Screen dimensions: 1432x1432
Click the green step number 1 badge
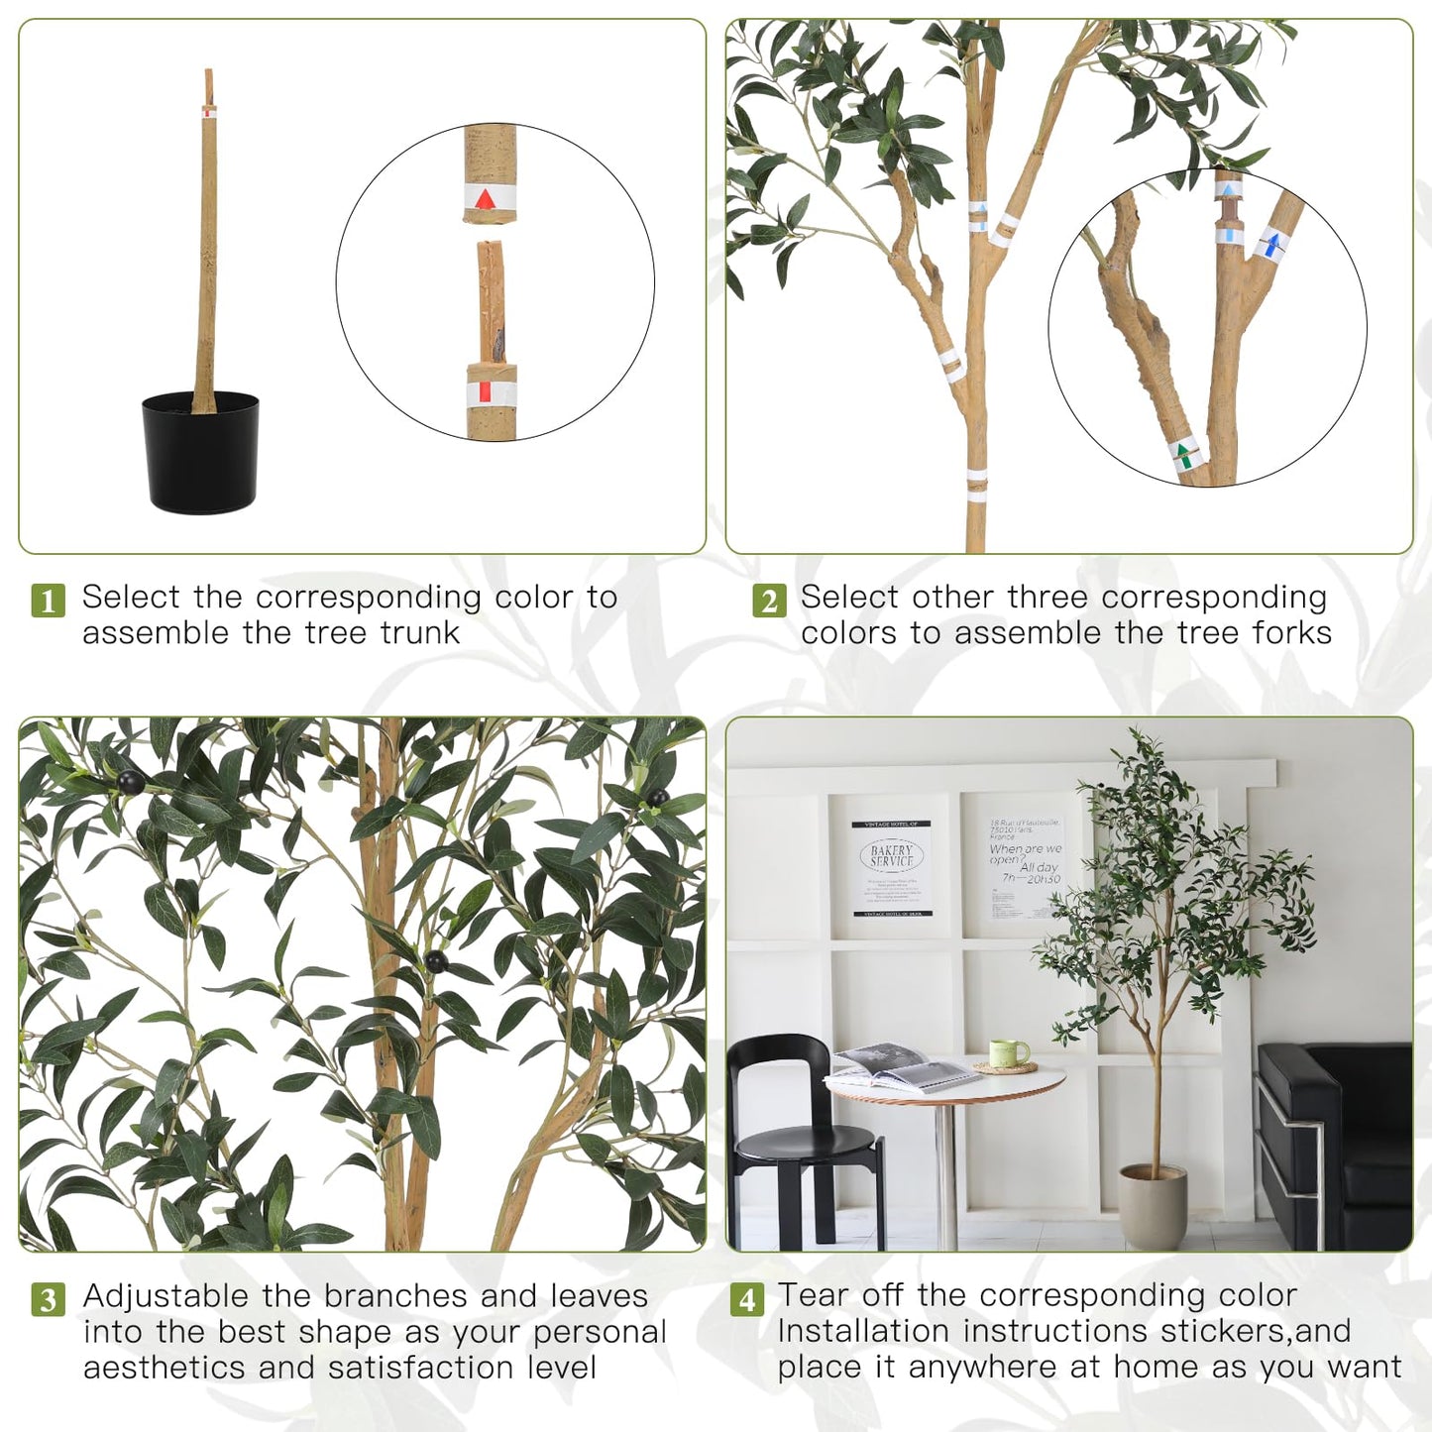point(48,601)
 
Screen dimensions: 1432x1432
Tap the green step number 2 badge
point(769,601)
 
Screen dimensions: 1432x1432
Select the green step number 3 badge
point(48,1299)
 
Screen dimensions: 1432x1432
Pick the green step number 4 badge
point(747,1299)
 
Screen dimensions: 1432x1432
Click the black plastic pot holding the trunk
point(201,454)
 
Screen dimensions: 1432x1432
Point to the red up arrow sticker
point(485,200)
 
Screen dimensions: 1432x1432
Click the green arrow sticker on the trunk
point(1183,457)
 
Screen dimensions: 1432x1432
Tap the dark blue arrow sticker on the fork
point(1270,244)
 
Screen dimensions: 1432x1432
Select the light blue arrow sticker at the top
point(1229,190)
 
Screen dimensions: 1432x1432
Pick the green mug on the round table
point(1009,1053)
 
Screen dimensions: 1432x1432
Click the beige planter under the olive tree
point(1153,1205)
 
